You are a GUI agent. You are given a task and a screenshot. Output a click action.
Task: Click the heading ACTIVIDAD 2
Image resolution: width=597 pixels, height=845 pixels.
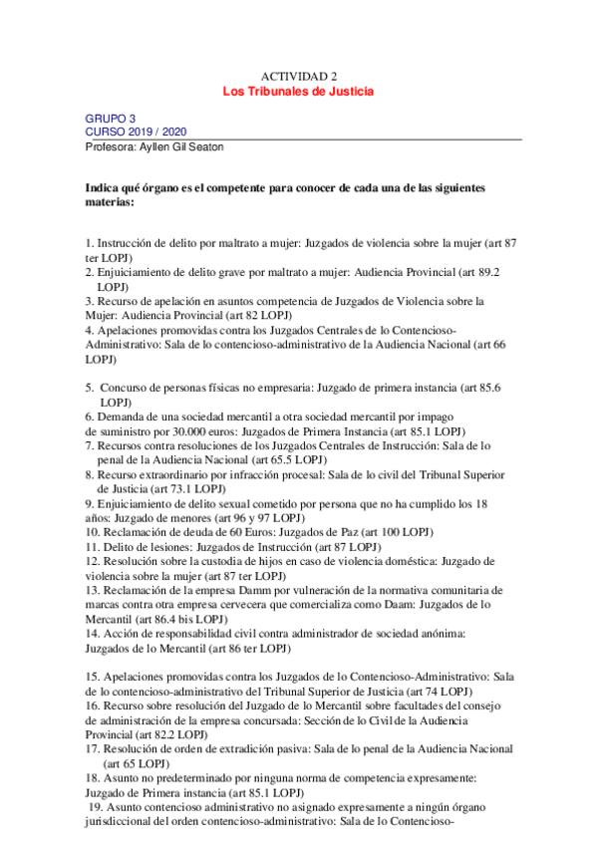(x=299, y=76)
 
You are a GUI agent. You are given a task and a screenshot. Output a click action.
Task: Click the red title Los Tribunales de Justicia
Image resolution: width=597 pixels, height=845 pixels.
(x=298, y=91)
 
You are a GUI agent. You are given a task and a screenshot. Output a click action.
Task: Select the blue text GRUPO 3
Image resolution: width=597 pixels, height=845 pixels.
(x=110, y=118)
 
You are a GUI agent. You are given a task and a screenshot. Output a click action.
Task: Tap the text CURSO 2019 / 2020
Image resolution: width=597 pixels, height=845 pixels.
(x=136, y=132)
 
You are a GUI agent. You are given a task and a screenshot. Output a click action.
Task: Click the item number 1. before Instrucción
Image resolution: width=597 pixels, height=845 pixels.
(x=90, y=243)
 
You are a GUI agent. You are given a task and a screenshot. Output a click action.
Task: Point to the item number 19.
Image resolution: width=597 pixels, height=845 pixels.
(x=98, y=809)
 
